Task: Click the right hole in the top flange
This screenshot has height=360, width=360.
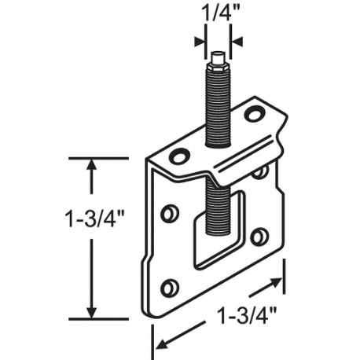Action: point(253,114)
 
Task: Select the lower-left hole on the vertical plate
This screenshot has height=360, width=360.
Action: point(169,288)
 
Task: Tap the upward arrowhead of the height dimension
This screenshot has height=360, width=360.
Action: point(94,166)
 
